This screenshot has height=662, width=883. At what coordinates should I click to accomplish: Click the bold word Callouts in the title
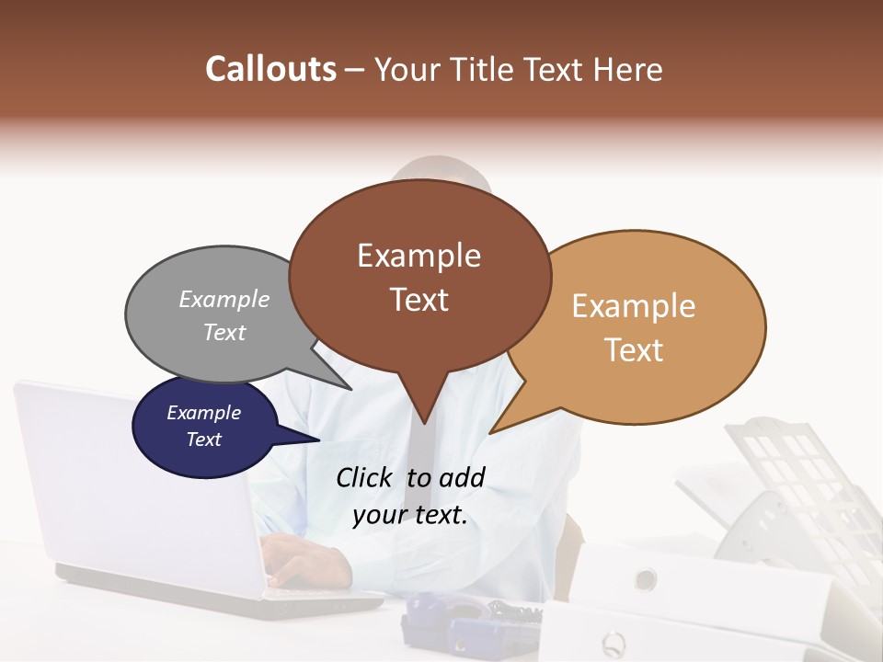pos(270,69)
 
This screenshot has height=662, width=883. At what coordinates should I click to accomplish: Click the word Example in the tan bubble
pos(634,306)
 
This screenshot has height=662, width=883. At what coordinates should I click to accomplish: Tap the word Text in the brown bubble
pos(419,300)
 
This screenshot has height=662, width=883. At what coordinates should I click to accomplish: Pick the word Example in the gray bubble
pos(224,299)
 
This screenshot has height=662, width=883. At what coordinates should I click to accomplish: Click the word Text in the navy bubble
pos(204,439)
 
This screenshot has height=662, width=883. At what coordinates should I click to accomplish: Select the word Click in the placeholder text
pos(366,477)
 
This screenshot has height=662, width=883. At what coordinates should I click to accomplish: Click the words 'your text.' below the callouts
pos(410,516)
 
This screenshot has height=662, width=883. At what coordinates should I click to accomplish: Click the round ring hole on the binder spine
pos(646,579)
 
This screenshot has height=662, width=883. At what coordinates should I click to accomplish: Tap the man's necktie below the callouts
pos(419,460)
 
